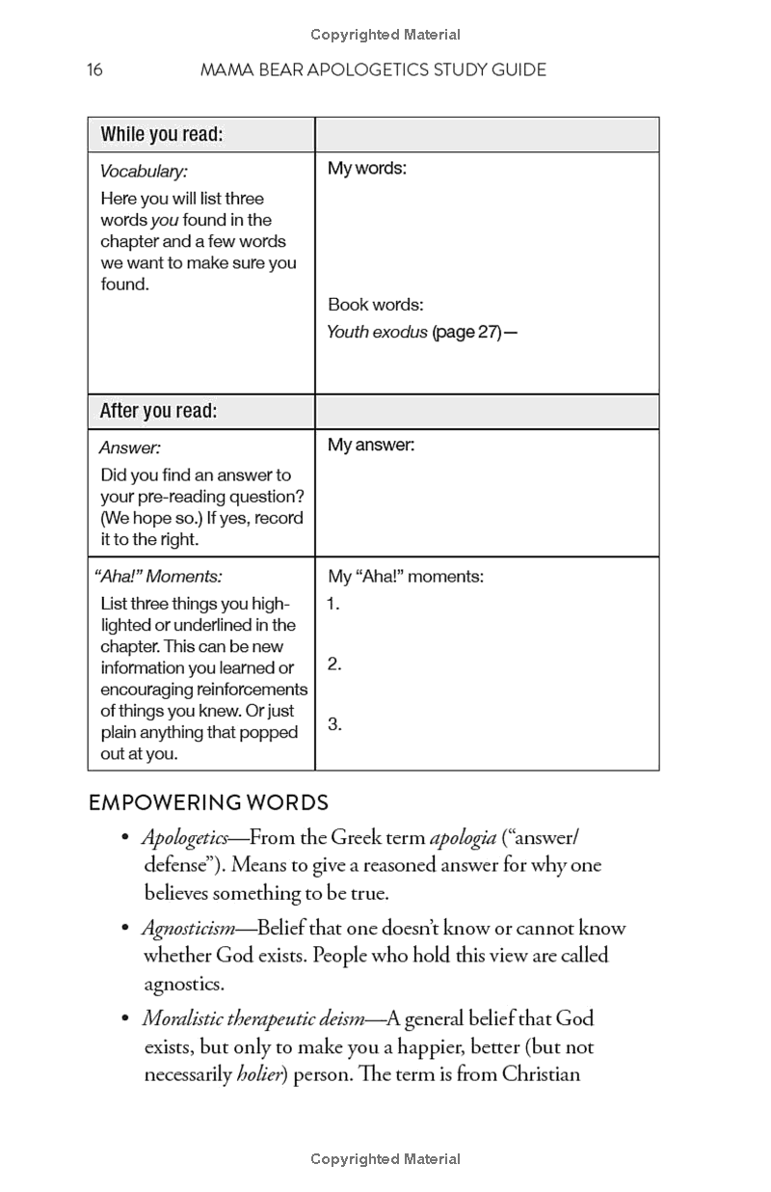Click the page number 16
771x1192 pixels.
tap(94, 69)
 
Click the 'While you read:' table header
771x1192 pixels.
tap(161, 135)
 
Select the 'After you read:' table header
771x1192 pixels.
tap(158, 412)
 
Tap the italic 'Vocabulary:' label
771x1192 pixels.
tap(144, 171)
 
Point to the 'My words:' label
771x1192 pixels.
tap(367, 169)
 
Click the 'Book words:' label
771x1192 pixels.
tap(375, 305)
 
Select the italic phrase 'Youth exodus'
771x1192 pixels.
tap(377, 333)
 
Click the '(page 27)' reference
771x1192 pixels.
tap(467, 333)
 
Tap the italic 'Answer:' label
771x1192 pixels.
tap(130, 447)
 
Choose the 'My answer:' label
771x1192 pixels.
tap(371, 446)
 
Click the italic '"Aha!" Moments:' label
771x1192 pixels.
tap(158, 577)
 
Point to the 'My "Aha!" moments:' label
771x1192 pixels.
tap(406, 577)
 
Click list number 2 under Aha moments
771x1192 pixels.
tap(334, 664)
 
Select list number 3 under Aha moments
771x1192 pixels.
tap(334, 724)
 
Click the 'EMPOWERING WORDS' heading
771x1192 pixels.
tap(208, 802)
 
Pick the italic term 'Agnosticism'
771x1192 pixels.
tap(188, 929)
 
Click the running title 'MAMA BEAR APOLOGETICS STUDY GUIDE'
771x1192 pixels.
tap(372, 69)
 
